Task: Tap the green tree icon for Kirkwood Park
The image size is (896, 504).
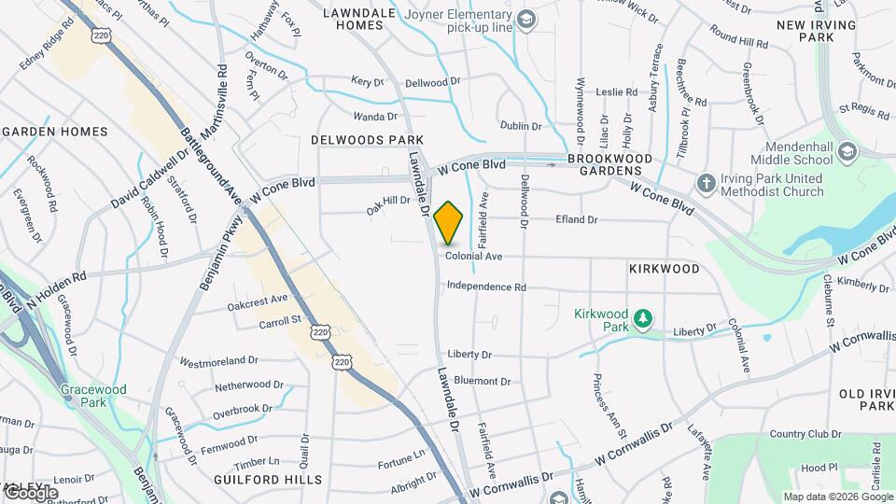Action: coord(642,320)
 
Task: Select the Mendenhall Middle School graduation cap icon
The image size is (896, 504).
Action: coord(847,151)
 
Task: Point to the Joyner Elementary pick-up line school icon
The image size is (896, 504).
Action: coord(526,20)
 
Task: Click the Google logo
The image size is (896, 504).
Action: coord(31,492)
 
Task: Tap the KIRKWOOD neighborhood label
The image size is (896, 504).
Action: coord(664,269)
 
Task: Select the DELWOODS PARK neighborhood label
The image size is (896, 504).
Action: coord(368,139)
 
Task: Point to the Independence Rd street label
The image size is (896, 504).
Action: coord(486,287)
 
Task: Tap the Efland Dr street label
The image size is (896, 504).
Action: coord(577,219)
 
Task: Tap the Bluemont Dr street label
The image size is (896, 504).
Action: coord(482,381)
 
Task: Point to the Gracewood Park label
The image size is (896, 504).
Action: coord(91,395)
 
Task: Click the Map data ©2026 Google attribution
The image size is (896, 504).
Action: coord(837,497)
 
